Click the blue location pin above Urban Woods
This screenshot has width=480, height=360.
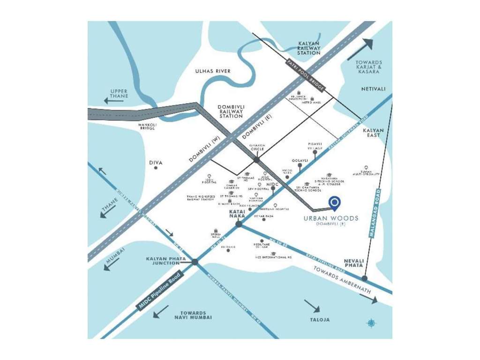pyautogui.click(x=334, y=202)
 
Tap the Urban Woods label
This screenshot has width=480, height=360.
pyautogui.click(x=330, y=218)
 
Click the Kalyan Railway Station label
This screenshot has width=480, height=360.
pyautogui.click(x=309, y=48)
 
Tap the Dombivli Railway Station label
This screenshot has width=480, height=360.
pyautogui.click(x=231, y=111)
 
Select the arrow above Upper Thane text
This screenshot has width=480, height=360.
pyautogui.click(x=114, y=100)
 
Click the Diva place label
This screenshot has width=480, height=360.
pyautogui.click(x=156, y=163)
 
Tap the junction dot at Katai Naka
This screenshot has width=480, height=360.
pyautogui.click(x=239, y=224)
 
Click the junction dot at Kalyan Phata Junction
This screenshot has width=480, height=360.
pyautogui.click(x=195, y=262)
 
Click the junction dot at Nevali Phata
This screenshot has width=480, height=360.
pyautogui.click(x=364, y=278)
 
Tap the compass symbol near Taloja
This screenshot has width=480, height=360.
pyautogui.click(x=371, y=322)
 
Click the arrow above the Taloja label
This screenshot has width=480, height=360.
pyautogui.click(x=312, y=306)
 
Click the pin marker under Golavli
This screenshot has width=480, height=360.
pyautogui.click(x=300, y=165)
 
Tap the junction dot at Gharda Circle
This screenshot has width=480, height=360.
pyautogui.click(x=256, y=160)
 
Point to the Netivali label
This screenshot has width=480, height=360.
pyautogui.click(x=373, y=89)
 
